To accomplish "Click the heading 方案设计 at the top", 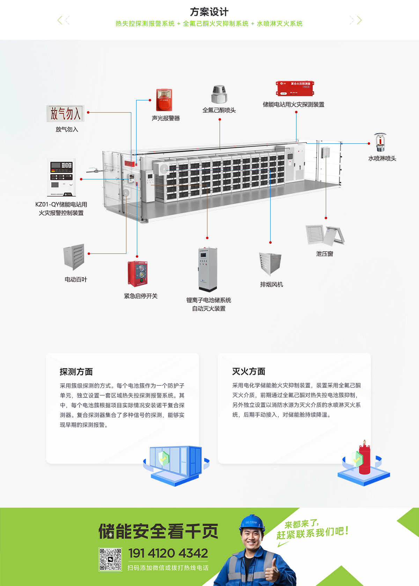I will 209,12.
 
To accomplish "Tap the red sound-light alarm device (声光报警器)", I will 164,100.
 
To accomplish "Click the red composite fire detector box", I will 295,88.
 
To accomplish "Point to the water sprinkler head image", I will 380,142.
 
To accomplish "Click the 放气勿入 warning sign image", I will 65,114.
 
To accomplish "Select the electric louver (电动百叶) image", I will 74,257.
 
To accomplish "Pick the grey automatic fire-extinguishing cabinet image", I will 208,269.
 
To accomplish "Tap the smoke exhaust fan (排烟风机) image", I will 270,264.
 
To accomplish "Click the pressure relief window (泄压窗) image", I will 325,235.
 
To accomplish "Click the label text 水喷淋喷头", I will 382,158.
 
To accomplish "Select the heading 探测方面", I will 76,372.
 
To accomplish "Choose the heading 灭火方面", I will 249,371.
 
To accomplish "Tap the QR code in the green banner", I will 110,559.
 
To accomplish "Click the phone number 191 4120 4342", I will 168,553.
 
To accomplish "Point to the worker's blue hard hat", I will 252,522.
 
